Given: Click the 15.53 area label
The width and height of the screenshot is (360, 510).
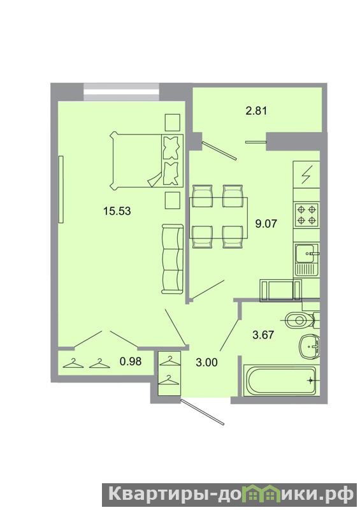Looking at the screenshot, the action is point(117,211).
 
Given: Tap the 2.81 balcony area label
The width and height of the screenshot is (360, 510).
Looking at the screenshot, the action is point(256,111).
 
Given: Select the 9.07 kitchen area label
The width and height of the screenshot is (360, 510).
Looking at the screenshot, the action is point(266,224).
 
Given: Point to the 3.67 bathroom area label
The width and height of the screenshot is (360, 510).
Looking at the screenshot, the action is point(263,335).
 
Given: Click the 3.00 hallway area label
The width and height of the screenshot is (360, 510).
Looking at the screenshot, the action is point(207,362).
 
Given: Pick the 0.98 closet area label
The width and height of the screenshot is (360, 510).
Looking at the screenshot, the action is point(131,361).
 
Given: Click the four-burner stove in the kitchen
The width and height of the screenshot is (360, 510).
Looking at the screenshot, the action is point(306,215).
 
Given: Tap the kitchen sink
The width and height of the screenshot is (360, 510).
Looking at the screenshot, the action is point(307,259).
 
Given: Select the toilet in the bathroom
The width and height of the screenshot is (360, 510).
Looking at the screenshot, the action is point(301,321).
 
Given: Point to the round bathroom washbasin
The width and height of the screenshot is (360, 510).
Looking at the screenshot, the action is point(310,346).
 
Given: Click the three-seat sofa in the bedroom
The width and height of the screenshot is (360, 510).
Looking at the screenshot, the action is point(173,259).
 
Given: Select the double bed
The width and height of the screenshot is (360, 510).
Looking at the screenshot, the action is point(147,160).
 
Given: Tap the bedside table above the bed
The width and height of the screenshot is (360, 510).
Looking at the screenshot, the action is point(173,122).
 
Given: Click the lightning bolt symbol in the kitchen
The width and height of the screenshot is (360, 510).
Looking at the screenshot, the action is point(306,174).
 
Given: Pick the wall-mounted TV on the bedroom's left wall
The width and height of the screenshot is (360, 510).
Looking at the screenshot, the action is point(61,189).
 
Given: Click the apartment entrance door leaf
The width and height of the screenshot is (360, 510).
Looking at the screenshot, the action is point(203,412).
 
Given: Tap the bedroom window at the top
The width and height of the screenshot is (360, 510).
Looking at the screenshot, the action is point(121,92).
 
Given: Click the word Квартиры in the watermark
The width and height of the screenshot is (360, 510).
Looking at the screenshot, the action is point(158,495).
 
